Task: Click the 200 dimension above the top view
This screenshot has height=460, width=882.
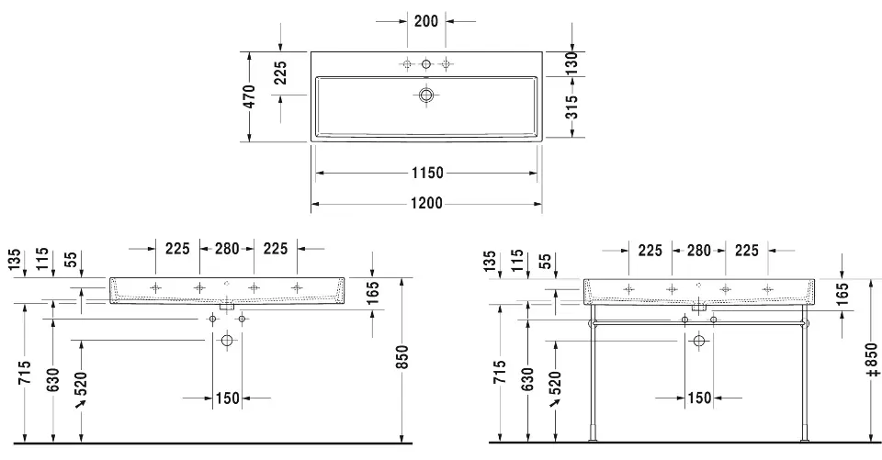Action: pos(425,21)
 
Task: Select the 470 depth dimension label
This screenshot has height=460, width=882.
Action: pos(251,96)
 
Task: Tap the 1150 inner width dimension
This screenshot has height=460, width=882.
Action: pos(427,173)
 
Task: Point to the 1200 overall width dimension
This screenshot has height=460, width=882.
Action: pos(426,203)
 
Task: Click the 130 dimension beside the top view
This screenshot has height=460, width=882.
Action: pos(571,63)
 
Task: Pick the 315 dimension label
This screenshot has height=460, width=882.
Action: pos(571,107)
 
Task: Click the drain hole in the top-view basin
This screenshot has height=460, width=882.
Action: pos(426,95)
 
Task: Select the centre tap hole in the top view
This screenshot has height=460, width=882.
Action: pos(426,64)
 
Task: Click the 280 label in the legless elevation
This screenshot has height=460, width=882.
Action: pos(227,248)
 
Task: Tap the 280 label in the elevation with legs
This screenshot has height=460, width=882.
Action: pos(698,251)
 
